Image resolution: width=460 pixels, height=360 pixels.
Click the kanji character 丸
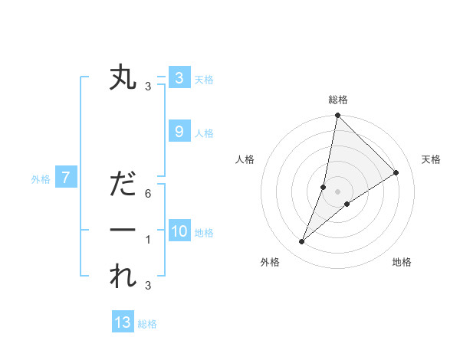123,79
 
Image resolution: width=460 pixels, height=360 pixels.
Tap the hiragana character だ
123,185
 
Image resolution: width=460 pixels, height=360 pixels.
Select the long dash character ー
123,230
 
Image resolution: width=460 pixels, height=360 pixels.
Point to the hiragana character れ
123,276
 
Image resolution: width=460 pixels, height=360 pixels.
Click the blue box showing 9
179,132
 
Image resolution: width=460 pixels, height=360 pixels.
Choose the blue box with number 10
179,231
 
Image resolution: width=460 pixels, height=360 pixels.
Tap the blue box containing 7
66,178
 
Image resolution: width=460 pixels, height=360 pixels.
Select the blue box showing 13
123,322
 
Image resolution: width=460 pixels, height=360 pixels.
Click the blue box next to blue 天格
179,78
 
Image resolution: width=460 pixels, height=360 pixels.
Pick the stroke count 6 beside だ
148,194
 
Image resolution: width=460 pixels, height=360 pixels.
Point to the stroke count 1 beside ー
148,240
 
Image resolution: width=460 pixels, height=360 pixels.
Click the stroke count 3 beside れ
148,286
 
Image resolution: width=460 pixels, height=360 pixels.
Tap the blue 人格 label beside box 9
204,133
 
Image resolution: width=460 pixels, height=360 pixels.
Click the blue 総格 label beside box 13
147,324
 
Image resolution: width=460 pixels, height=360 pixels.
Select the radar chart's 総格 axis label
338,100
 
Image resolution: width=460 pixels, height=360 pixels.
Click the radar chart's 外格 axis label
270,262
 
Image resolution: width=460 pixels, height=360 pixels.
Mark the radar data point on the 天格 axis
396,173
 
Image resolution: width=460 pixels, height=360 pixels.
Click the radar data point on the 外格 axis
302,242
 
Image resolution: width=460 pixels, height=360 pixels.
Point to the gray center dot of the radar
338,191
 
